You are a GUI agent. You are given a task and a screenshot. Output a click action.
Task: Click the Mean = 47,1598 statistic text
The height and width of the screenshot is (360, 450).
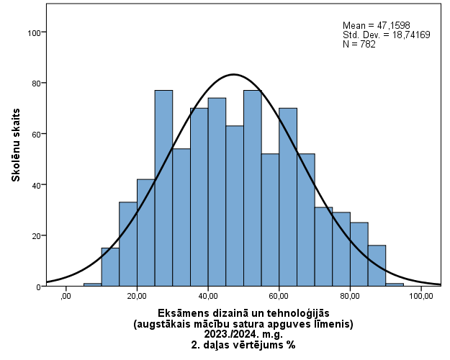click(376, 25)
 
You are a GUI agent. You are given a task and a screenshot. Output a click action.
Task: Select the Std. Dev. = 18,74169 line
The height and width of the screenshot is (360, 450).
click(386, 35)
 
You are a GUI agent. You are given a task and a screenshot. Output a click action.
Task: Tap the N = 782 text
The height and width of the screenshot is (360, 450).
click(359, 44)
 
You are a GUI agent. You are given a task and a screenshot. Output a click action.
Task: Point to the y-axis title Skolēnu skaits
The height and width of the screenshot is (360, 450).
click(16, 145)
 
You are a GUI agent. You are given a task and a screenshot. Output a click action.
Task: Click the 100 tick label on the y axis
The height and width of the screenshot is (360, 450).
click(33, 32)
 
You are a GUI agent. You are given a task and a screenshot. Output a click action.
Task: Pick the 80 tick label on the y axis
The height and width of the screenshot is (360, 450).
click(35, 83)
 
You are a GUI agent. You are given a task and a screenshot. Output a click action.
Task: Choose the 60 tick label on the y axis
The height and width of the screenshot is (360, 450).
click(35, 134)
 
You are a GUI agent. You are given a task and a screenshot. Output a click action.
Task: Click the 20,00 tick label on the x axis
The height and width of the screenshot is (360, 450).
click(137, 295)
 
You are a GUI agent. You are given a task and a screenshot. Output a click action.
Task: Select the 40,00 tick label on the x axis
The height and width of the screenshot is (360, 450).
click(208, 295)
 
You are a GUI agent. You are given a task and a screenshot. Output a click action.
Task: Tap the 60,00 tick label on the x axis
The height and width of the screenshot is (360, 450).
click(279, 295)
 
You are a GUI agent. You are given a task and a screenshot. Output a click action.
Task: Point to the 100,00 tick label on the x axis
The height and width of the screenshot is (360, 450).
click(420, 295)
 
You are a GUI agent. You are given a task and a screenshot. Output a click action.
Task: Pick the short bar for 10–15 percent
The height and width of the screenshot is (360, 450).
click(110, 267)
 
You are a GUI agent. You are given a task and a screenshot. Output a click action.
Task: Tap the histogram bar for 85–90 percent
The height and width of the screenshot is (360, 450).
click(377, 266)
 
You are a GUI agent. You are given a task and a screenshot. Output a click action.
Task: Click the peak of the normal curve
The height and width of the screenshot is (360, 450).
click(233, 74)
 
